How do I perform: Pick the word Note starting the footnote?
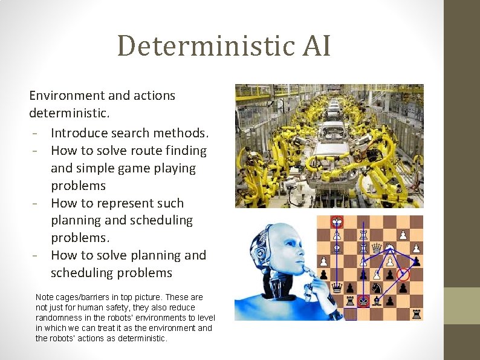pyautogui.click(x=44, y=297)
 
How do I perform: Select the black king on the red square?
pyautogui.click(x=363, y=301)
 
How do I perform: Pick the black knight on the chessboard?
pyautogui.click(x=376, y=288)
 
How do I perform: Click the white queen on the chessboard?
pyautogui.click(x=377, y=247)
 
